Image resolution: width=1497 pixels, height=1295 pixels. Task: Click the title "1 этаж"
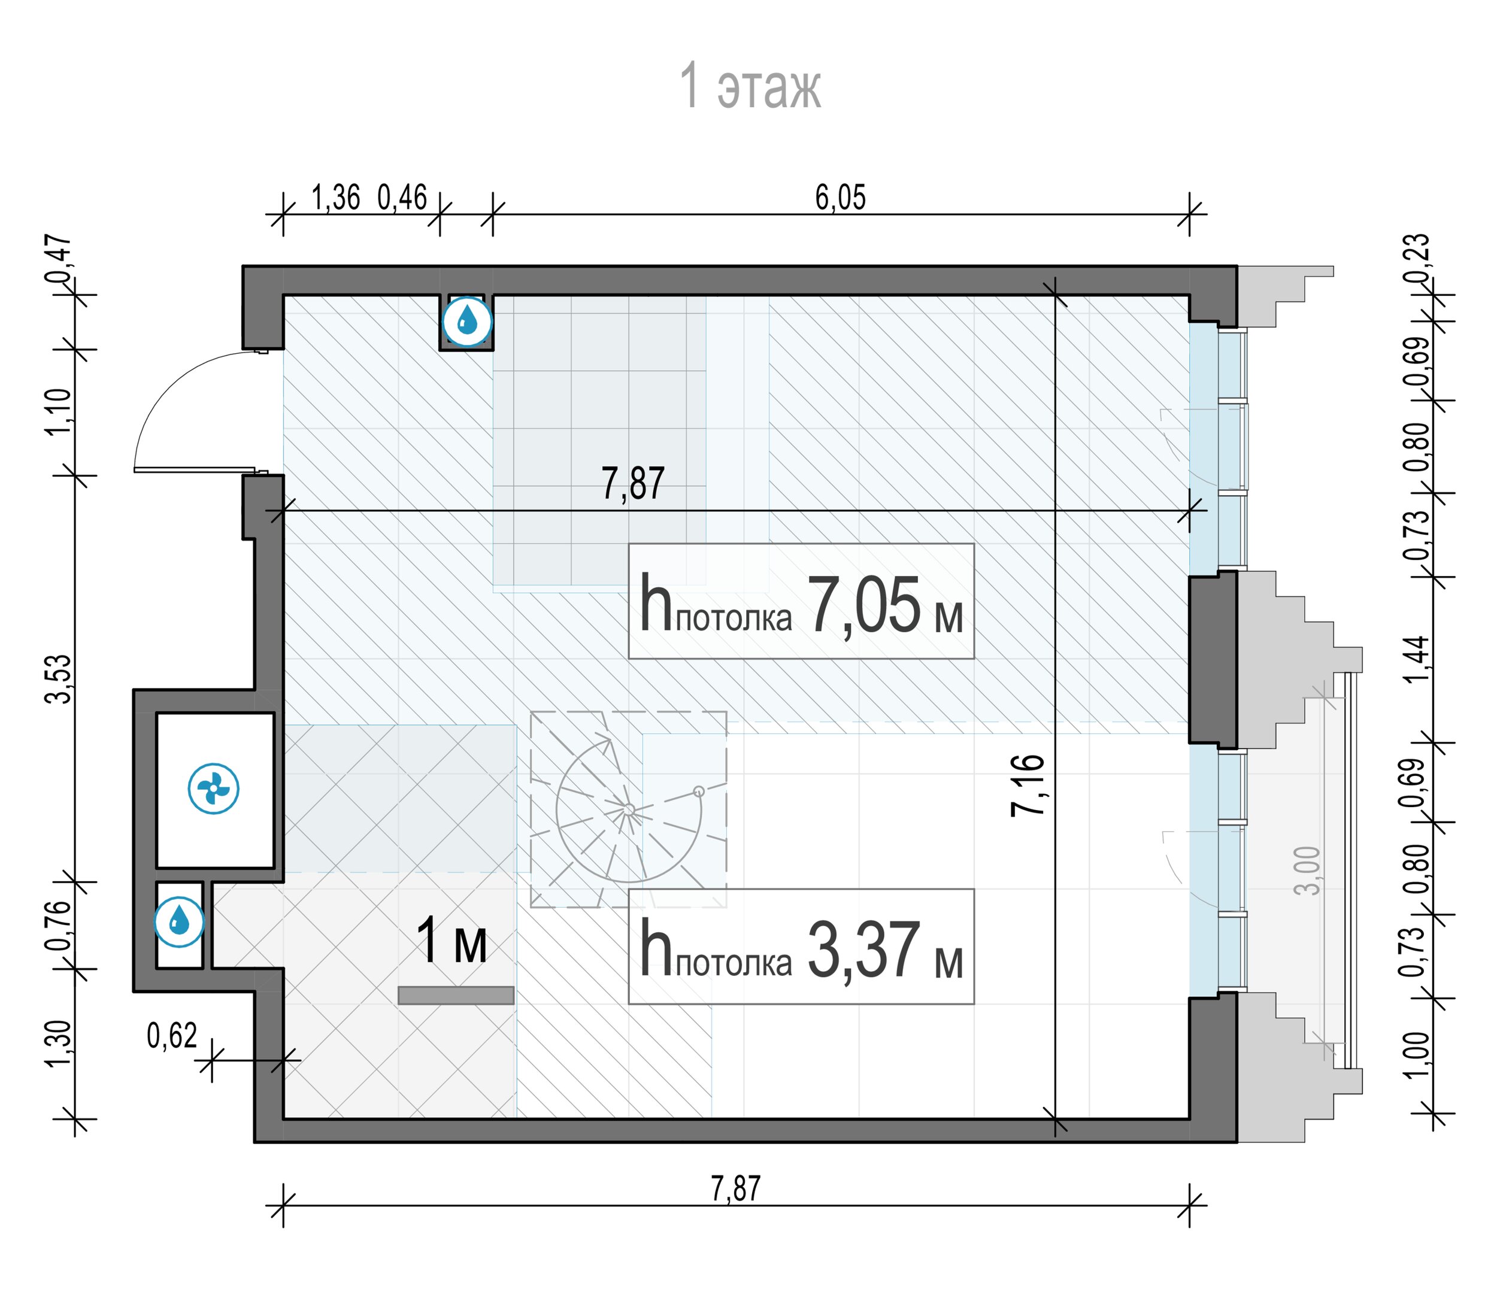click(x=750, y=86)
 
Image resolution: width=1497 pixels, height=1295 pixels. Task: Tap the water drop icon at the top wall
click(x=467, y=320)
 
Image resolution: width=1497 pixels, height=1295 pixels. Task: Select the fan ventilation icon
click(x=213, y=788)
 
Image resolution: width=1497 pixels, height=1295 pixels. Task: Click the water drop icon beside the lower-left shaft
click(x=179, y=922)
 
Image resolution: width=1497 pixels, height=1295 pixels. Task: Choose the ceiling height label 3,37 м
click(x=801, y=947)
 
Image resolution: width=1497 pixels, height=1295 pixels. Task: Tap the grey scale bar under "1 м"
click(x=456, y=995)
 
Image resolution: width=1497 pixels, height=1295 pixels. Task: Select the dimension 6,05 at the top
click(x=840, y=198)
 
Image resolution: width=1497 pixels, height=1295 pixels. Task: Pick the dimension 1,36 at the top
click(x=335, y=198)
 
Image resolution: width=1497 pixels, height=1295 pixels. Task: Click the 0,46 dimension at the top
click(x=402, y=198)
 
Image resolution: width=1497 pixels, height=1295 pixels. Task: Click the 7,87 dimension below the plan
click(x=736, y=1189)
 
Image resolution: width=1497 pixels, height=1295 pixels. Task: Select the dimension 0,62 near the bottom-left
click(x=172, y=1036)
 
